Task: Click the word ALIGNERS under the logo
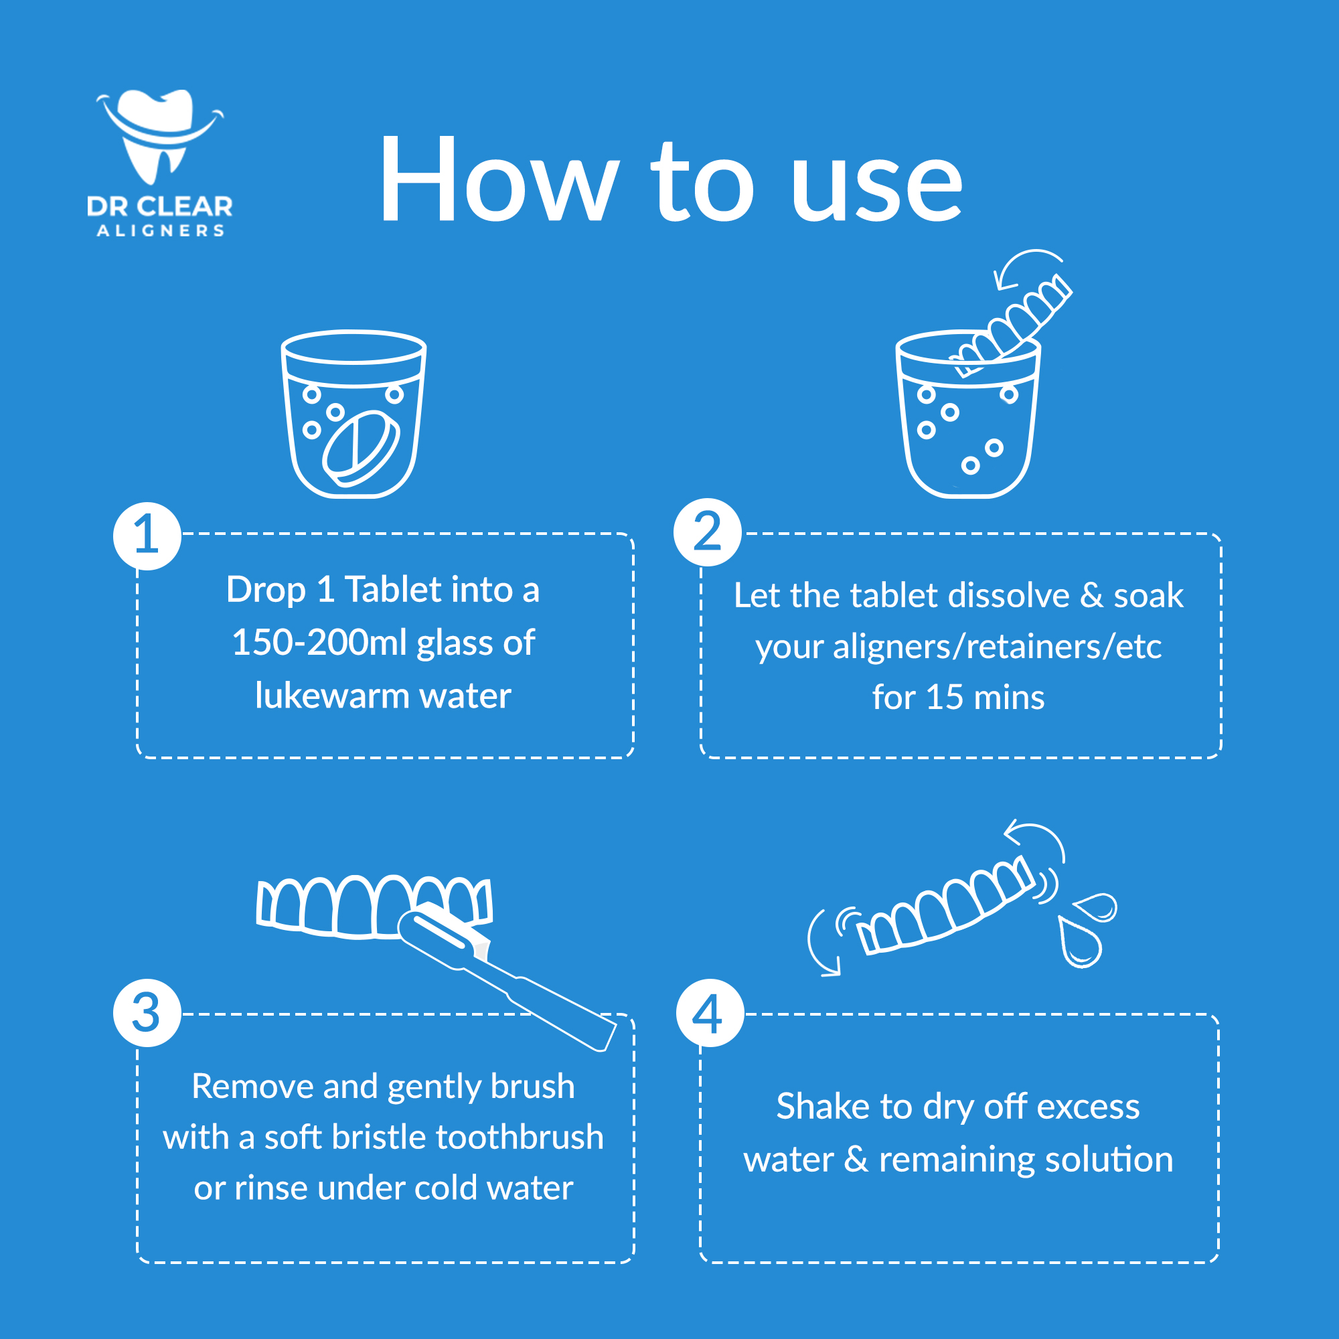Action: pyautogui.click(x=160, y=231)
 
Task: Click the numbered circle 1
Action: pyautogui.click(x=147, y=536)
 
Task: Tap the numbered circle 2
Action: pyautogui.click(x=707, y=532)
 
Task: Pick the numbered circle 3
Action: pyautogui.click(x=147, y=1012)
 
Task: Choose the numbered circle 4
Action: pyautogui.click(x=709, y=1014)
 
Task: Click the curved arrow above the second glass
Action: pyautogui.click(x=1026, y=264)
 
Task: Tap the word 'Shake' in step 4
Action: pyautogui.click(x=822, y=1106)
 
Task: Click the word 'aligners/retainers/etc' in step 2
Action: pyautogui.click(x=997, y=647)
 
